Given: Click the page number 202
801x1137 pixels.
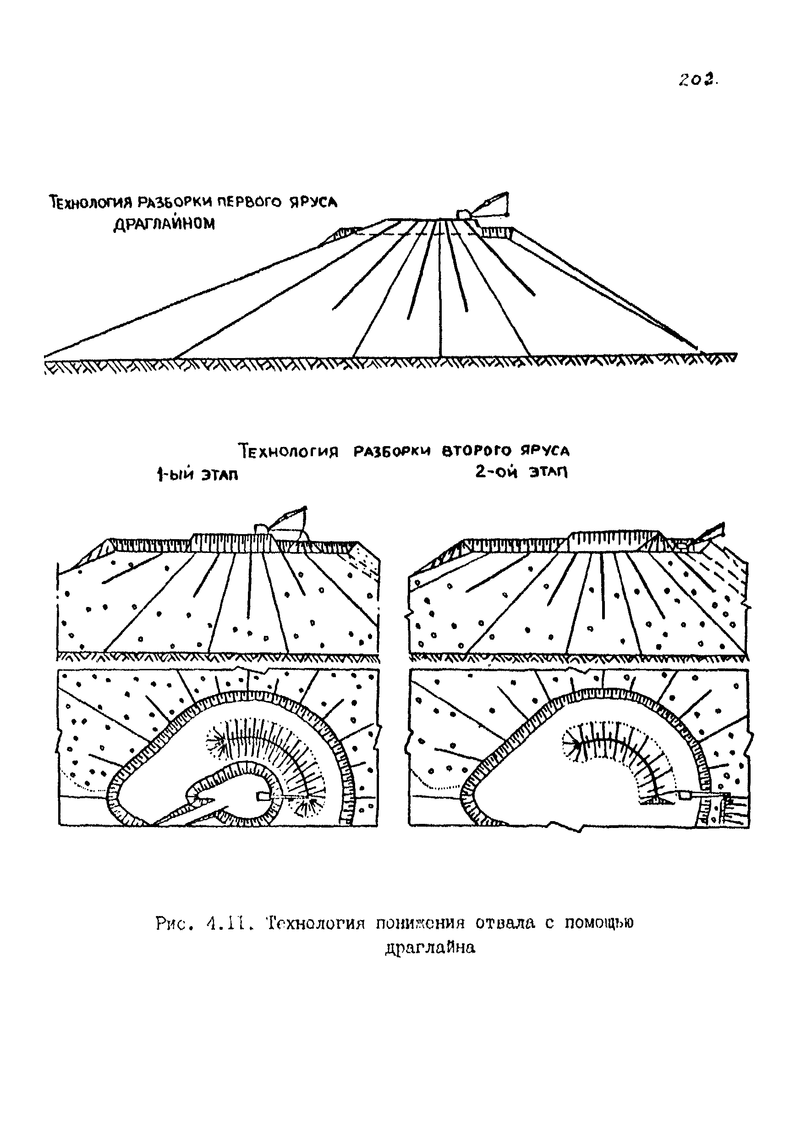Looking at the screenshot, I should [x=698, y=80].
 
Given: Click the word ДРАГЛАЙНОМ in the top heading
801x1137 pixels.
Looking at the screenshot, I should [x=165, y=224].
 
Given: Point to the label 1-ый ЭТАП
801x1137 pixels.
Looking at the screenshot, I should [x=197, y=475].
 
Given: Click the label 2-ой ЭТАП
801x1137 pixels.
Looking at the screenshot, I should [x=521, y=472].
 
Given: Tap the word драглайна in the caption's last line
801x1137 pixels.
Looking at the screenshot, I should [x=430, y=948].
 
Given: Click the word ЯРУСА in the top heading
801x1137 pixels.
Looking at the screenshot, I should [x=313, y=202].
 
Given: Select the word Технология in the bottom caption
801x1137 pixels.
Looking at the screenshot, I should [x=315, y=923].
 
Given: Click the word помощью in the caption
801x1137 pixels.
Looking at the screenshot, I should [x=599, y=923].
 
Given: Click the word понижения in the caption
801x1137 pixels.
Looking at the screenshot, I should [x=421, y=923].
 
